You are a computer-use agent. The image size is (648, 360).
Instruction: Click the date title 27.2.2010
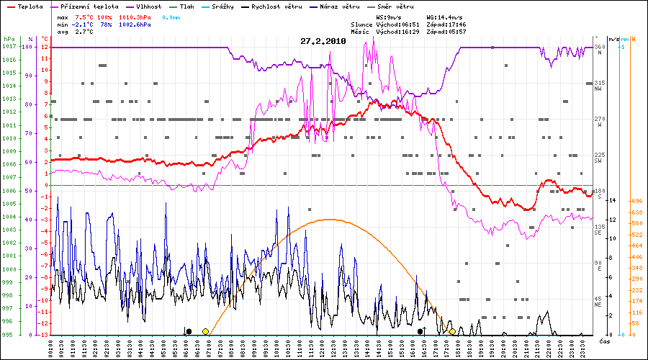(x=323, y=41)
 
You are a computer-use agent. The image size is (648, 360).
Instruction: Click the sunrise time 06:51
(x=412, y=24)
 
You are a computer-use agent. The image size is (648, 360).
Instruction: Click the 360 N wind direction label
(x=599, y=50)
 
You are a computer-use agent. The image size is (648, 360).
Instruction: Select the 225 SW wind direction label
(x=599, y=158)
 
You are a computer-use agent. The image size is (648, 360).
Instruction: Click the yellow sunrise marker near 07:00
(x=206, y=331)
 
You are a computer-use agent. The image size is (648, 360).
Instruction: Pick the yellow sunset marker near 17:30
(x=452, y=331)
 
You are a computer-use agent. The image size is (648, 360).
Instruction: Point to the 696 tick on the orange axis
(x=636, y=200)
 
